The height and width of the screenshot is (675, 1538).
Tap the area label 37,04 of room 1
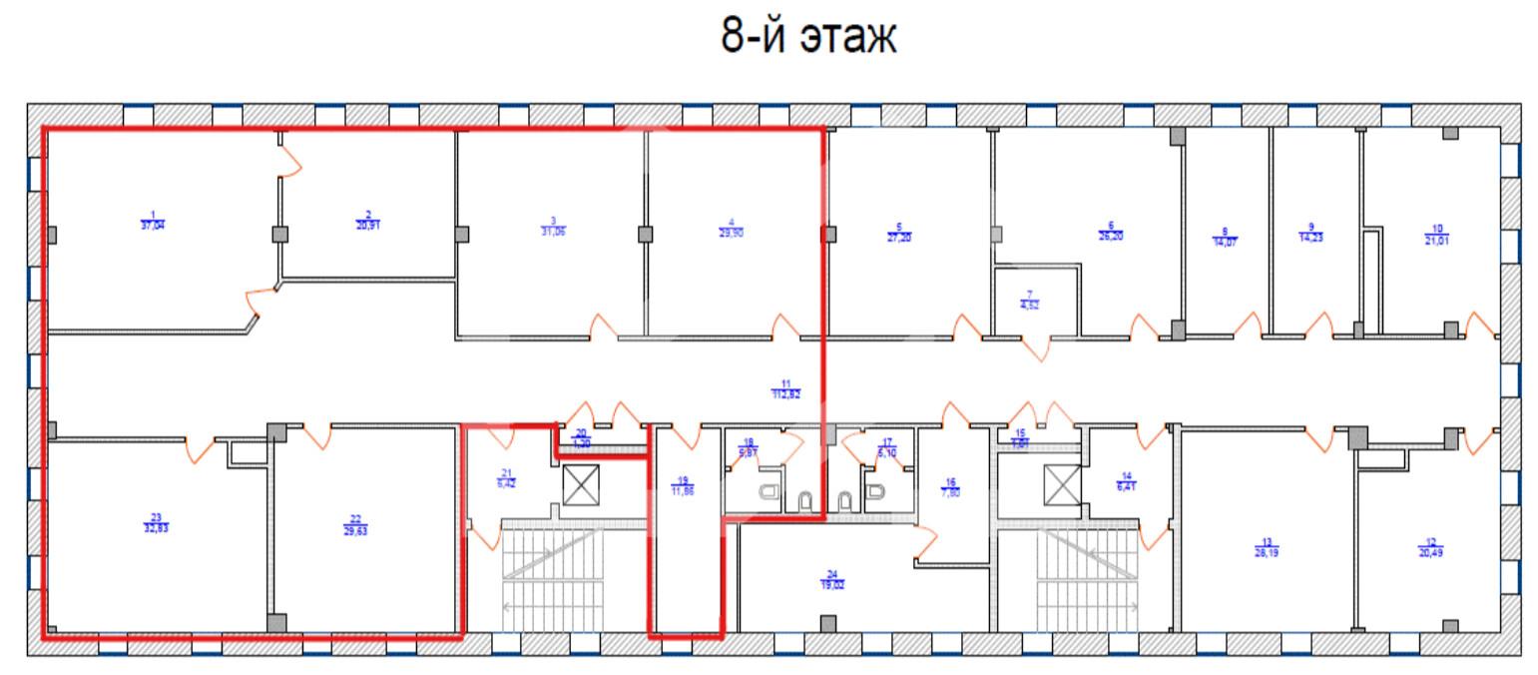click(x=153, y=225)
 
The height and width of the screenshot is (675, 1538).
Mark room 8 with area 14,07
click(x=1225, y=240)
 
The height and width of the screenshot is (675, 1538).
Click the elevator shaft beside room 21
click(x=579, y=486)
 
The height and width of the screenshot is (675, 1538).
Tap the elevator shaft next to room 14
click(x=1061, y=486)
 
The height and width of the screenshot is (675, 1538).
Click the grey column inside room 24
click(x=827, y=624)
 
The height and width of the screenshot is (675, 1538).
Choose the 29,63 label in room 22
click(x=355, y=529)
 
